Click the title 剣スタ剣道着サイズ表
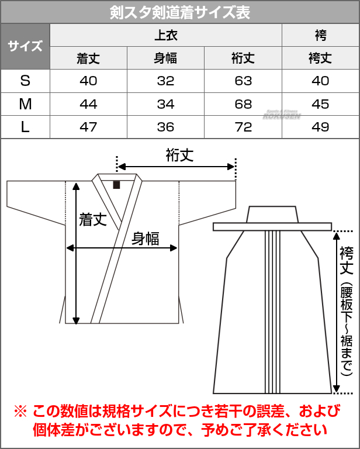[180, 12]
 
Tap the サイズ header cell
[25, 46]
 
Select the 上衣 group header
[166, 35]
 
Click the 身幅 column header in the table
[166, 58]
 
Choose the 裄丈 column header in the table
[243, 58]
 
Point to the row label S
[25, 81]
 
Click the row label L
[25, 127]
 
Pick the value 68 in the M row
[243, 104]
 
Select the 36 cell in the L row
[166, 127]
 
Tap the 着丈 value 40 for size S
[88, 81]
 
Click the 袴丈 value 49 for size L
[320, 127]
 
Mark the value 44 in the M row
[88, 104]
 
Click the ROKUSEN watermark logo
[282, 115]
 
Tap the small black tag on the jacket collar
[116, 185]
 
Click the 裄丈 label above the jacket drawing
[180, 156]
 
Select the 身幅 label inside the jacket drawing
[146, 239]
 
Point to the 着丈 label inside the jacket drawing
[93, 220]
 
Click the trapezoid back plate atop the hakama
[272, 214]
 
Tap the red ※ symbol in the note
[20, 412]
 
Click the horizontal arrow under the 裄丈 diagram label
[176, 167]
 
